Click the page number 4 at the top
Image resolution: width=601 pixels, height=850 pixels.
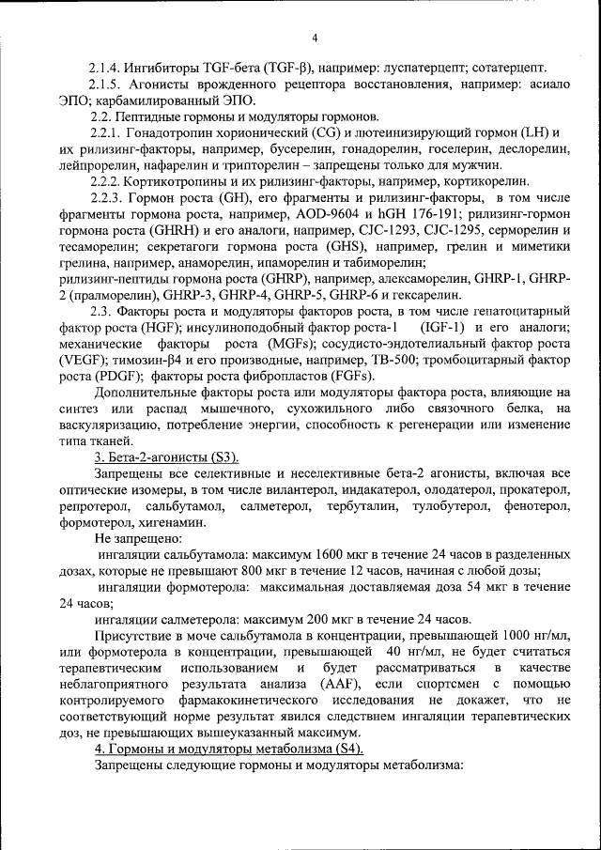pos(315,38)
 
